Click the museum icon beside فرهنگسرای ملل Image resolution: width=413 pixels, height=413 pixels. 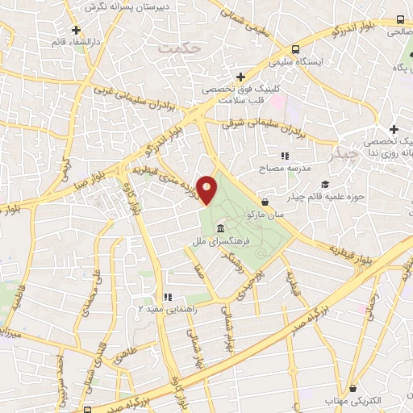point(221,228)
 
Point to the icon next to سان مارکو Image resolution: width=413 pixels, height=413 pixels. point(266,201)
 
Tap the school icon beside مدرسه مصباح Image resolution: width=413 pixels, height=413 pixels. point(284,156)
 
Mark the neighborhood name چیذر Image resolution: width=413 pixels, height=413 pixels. point(348,153)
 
